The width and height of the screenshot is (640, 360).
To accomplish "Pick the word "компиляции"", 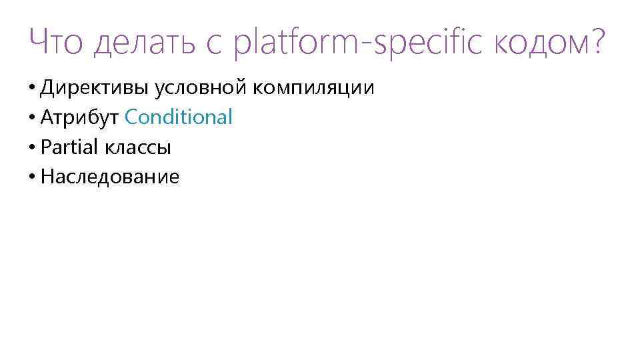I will (312, 87).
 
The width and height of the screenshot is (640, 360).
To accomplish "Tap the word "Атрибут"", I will (79, 117).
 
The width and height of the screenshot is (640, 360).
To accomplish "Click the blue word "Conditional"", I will (179, 117).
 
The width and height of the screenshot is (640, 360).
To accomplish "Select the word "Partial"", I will (69, 147).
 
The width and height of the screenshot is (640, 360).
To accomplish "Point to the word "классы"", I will (137, 147).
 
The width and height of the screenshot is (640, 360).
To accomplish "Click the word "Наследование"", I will (110, 177).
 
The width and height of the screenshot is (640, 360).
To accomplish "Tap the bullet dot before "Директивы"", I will (33, 88).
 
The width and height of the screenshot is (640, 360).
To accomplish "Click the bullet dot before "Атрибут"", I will (33, 118).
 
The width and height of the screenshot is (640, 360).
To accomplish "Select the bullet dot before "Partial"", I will (33, 148).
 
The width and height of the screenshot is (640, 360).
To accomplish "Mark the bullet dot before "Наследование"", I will (33, 177).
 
